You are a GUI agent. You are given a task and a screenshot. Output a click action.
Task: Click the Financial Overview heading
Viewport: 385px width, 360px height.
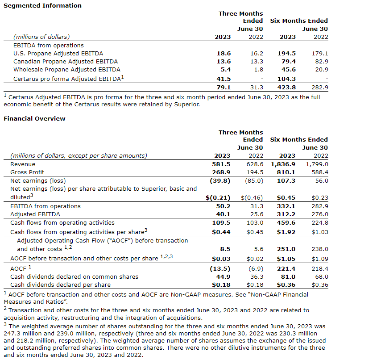(34, 118)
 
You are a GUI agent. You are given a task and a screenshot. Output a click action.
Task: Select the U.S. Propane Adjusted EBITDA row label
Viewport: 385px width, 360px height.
(58, 53)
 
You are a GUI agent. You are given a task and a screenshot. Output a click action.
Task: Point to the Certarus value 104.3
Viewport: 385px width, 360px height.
(286, 79)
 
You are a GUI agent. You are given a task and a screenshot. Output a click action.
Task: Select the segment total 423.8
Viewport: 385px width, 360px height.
(286, 87)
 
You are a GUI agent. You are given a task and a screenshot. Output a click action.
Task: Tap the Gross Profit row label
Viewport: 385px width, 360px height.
(27, 172)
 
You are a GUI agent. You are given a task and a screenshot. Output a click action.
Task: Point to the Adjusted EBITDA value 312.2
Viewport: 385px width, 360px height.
(286, 214)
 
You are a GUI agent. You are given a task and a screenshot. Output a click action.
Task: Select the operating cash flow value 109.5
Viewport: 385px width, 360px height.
(222, 222)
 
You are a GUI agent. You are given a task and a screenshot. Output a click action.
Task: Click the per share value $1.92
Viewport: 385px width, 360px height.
(286, 231)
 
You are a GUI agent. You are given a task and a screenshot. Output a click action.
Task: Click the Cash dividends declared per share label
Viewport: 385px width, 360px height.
(60, 285)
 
